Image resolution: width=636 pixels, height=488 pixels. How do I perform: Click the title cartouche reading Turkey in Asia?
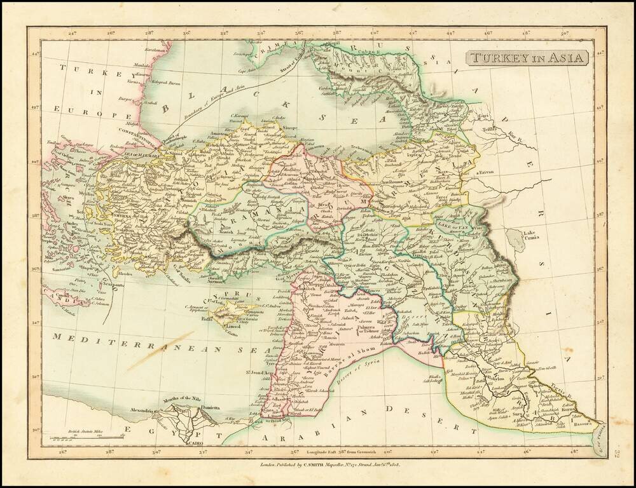[x=528, y=58]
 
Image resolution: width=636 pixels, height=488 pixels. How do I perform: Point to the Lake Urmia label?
[x=534, y=236]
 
